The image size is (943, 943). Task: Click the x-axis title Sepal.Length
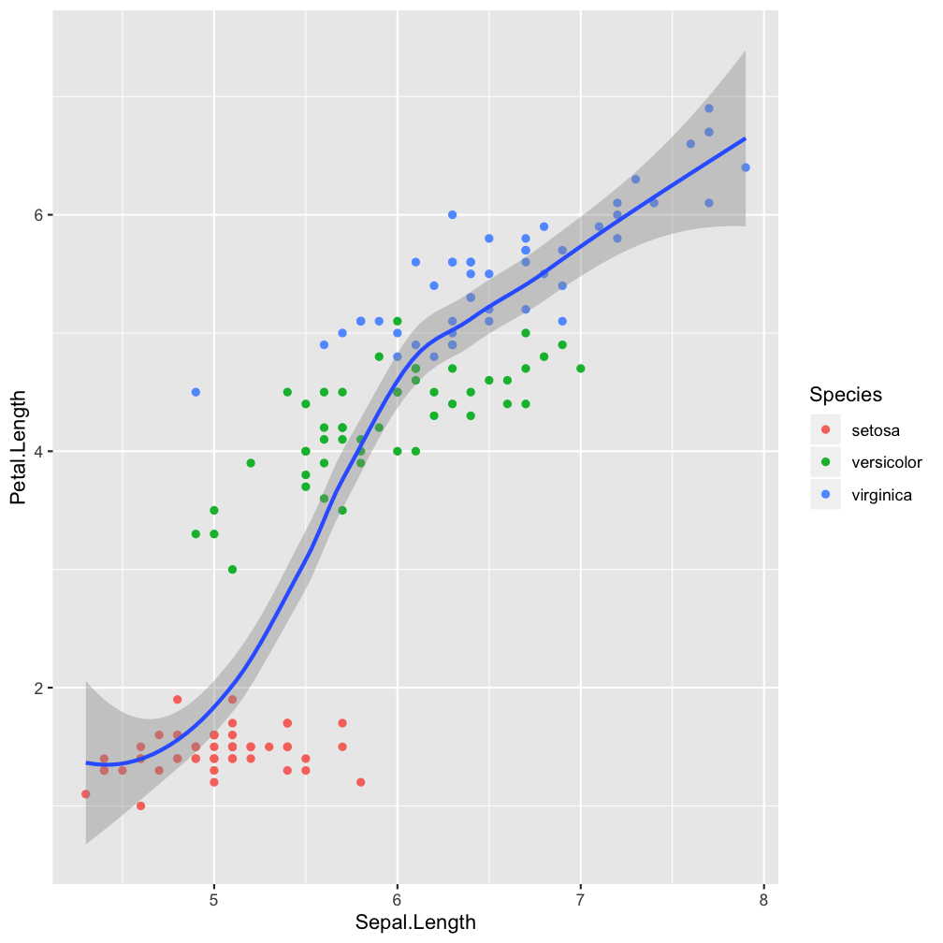415,922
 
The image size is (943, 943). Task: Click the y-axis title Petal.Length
19,452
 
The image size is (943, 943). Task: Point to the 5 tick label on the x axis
214,899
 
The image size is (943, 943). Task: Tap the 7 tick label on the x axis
581,899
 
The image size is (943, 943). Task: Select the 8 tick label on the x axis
763,899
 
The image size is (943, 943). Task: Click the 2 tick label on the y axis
38,689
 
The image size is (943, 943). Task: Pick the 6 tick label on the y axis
38,215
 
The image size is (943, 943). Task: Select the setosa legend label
876,430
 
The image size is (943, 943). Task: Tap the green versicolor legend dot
826,462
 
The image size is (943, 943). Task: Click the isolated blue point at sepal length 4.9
196,392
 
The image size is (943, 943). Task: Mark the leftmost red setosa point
86,794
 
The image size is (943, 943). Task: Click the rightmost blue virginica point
746,167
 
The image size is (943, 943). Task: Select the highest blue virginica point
709,109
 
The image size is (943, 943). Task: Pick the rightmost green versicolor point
581,369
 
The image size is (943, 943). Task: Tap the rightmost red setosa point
361,782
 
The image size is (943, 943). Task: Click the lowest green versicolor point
232,570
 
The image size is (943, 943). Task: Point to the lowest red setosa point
140,805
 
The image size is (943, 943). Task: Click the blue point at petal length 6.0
452,214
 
